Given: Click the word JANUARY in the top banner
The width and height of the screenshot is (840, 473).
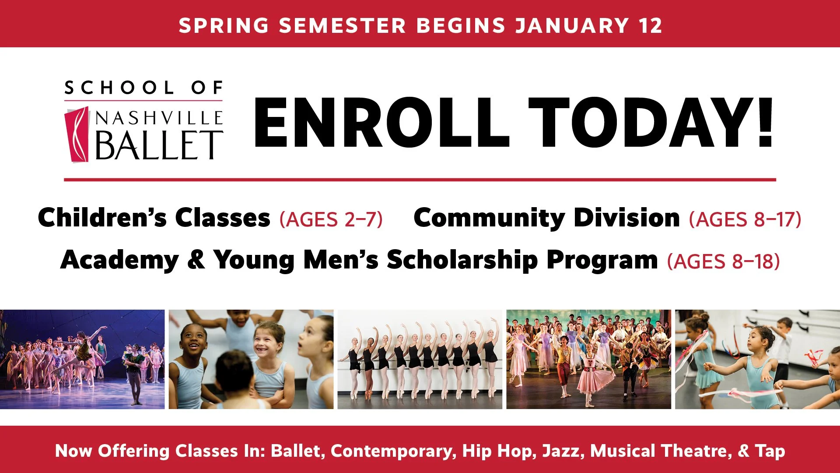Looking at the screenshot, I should pos(572,25).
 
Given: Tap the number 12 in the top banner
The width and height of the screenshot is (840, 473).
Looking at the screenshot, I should pos(650,25).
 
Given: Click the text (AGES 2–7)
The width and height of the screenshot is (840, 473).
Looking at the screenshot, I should pos(331,219).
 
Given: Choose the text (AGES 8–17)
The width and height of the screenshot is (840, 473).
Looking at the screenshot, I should pos(745,219).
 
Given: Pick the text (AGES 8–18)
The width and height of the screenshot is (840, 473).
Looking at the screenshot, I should pos(723,261).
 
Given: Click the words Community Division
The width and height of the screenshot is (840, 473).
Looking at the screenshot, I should pos(546,218).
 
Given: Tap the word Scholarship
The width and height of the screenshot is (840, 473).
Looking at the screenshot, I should pos(462,260).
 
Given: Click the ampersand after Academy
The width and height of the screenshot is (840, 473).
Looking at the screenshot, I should pos(196,259).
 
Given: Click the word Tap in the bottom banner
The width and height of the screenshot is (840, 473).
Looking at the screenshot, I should pos(770,451).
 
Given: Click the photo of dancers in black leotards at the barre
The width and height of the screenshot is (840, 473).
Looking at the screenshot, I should pos(420,359).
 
